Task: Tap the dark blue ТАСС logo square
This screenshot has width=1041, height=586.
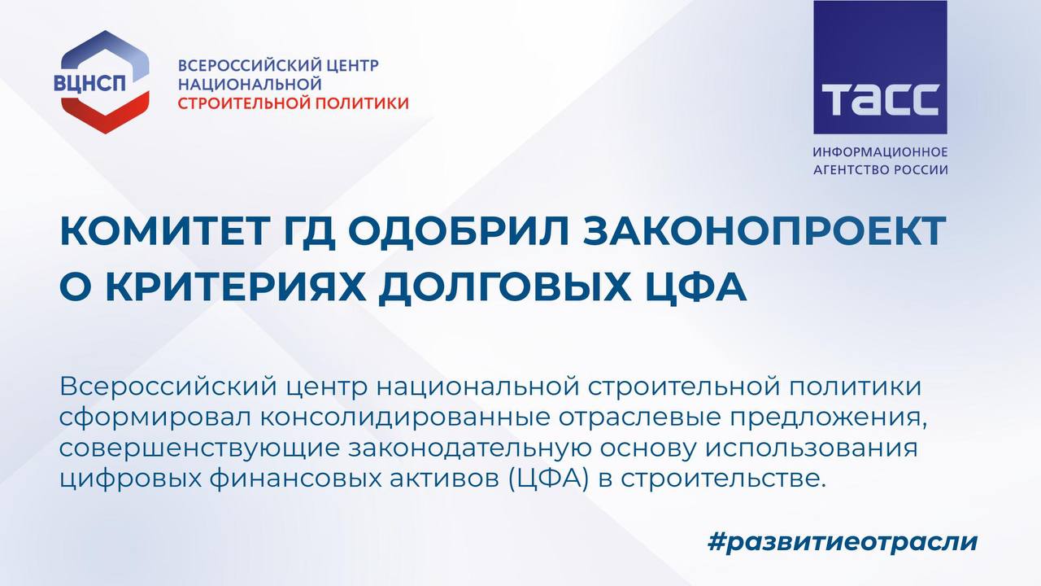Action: [x=880, y=67]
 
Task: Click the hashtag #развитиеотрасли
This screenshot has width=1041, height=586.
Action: [x=842, y=541]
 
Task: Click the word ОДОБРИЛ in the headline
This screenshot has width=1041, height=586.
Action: [x=458, y=232]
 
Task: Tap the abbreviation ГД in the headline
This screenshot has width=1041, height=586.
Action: [x=310, y=233]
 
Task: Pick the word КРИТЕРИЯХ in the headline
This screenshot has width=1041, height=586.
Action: [x=236, y=287]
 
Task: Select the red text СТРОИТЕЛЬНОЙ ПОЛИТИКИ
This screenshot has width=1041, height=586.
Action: [x=294, y=103]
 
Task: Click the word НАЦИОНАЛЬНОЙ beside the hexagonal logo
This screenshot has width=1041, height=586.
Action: [x=250, y=84]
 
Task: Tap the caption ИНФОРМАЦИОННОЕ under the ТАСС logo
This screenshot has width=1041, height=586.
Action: [x=880, y=152]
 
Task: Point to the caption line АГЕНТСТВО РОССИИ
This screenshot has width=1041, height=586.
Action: [x=880, y=170]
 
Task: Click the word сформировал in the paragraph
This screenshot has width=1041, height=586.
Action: [x=155, y=418]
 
